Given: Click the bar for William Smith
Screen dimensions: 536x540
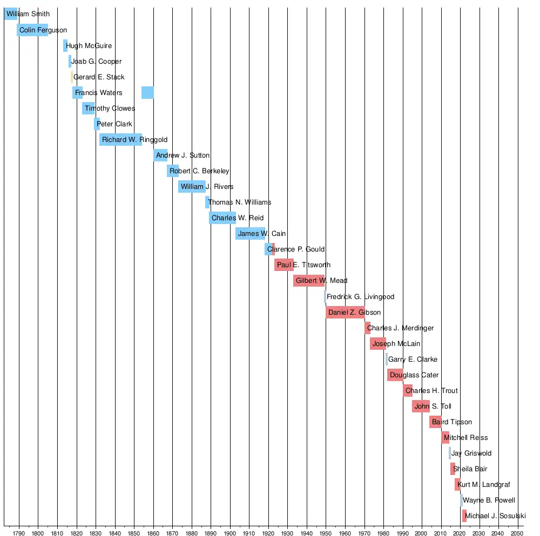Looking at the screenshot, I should tap(11, 14).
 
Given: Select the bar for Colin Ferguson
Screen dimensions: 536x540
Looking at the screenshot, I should tap(32, 30).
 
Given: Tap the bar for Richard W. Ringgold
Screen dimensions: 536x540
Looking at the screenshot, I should tap(120, 139).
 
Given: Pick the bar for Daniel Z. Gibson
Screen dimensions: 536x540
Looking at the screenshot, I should tap(345, 312).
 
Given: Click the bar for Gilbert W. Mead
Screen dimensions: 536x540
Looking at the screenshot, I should tap(309, 280).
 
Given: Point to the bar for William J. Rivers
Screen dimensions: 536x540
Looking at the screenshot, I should tap(192, 186).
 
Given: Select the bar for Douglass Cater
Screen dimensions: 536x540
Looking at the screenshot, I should tap(395, 375).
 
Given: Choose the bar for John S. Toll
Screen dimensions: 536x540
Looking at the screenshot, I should tap(421, 406).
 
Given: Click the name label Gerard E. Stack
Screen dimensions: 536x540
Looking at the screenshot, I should tap(99, 77).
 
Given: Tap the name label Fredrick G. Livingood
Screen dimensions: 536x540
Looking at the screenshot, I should tap(360, 296).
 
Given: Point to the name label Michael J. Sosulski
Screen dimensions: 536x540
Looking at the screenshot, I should tap(495, 515).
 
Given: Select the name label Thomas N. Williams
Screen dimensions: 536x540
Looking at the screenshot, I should tap(239, 202).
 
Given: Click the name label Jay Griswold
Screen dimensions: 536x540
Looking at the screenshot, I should tap(471, 453).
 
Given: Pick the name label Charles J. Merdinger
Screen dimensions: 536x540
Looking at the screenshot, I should tap(400, 328).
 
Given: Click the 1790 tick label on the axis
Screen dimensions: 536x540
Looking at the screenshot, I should tap(19, 530).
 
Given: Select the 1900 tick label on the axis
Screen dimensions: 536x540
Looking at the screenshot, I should tap(230, 530).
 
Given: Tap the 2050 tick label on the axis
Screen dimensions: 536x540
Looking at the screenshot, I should tap(517, 530).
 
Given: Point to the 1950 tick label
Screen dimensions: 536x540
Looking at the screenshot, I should tap(326, 530).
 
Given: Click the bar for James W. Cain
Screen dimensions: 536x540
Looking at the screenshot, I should tap(251, 233).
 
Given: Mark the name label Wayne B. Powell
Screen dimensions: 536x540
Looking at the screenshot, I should tap(489, 500).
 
